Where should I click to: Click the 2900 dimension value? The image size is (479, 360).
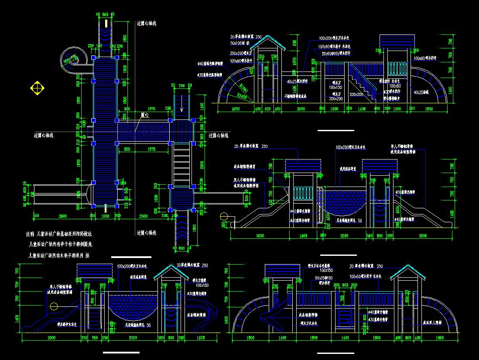click(x=62, y=216)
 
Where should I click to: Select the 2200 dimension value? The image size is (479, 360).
click(x=344, y=236)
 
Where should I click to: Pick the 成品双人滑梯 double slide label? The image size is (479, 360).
click(x=430, y=323)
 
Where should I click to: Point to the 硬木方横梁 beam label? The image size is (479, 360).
click(x=200, y=281)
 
